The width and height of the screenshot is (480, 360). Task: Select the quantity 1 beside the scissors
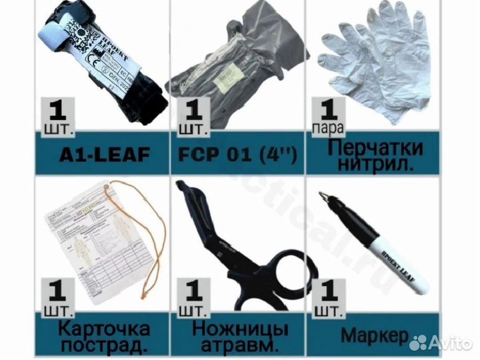click(192, 291)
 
